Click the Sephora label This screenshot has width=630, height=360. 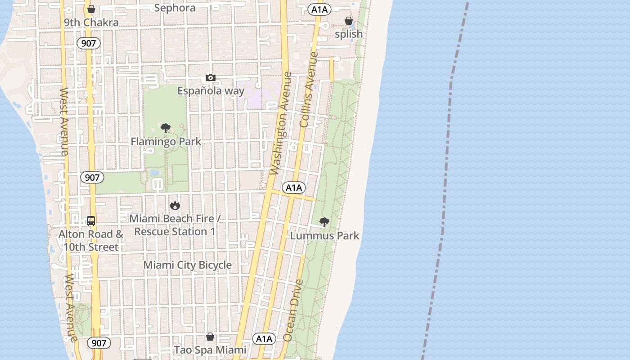[x=175, y=8]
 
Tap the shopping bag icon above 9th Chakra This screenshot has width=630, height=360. [x=91, y=9]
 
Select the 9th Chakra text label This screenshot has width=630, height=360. [x=91, y=22]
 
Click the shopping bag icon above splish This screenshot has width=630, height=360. [x=348, y=21]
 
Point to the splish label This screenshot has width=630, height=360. [x=349, y=34]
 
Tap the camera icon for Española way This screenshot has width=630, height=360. [x=210, y=78]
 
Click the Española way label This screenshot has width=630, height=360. [x=211, y=91]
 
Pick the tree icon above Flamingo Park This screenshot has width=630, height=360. [x=166, y=128]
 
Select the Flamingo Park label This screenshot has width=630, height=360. [x=166, y=142]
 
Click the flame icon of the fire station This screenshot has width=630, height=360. [x=175, y=206]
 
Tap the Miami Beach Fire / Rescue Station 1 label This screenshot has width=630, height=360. [x=175, y=225]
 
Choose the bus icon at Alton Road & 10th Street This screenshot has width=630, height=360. [x=91, y=221]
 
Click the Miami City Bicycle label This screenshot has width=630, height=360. [x=188, y=265]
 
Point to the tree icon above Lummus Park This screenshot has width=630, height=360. [x=324, y=222]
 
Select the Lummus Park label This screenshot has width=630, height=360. [x=324, y=235]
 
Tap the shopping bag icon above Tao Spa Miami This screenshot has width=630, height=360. [x=210, y=337]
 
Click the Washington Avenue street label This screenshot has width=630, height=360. [x=281, y=123]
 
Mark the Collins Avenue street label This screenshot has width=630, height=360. [x=309, y=90]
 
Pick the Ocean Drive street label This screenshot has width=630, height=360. [x=293, y=310]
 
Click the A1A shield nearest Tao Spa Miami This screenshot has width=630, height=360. [x=264, y=339]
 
